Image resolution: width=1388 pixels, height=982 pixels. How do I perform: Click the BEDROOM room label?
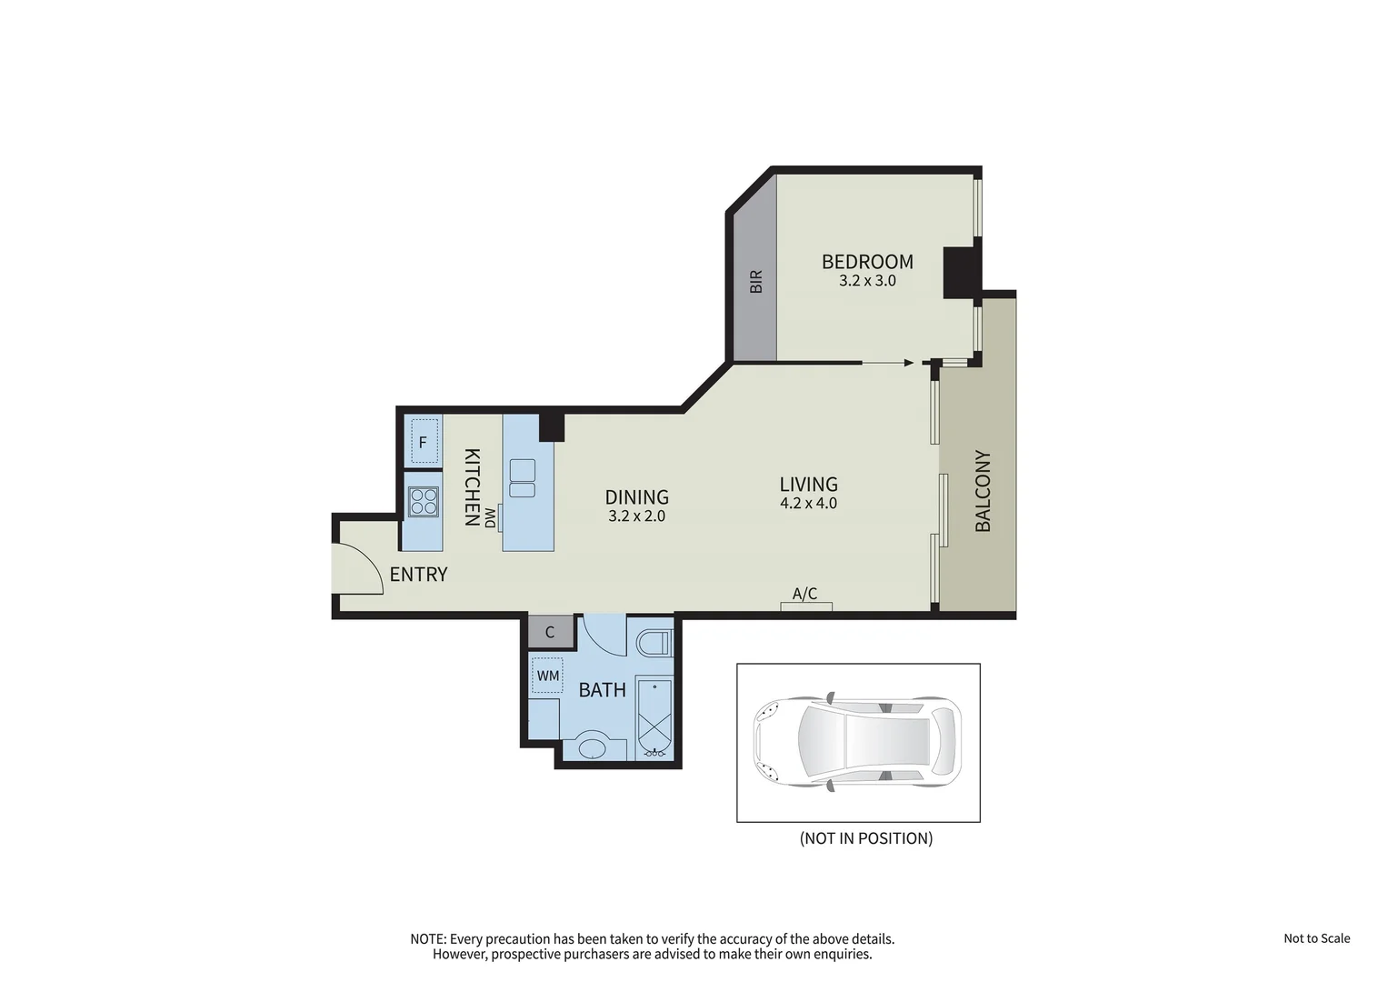(x=867, y=262)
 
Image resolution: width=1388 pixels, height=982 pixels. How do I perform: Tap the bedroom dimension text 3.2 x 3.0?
(x=867, y=281)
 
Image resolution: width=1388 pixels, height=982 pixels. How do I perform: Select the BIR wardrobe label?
(x=755, y=282)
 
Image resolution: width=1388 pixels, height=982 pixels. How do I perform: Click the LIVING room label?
(x=808, y=485)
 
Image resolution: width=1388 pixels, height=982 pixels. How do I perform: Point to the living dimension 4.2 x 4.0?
(x=808, y=503)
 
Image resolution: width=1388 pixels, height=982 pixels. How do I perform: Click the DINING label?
(x=636, y=497)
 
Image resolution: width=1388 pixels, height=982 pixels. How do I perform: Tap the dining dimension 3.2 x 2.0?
(x=636, y=516)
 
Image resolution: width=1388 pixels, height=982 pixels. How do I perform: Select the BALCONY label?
(x=983, y=491)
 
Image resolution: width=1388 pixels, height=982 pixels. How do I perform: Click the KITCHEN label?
(x=472, y=487)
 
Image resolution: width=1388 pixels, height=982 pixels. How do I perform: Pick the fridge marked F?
(x=423, y=443)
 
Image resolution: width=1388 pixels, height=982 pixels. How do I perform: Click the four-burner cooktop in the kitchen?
(x=423, y=501)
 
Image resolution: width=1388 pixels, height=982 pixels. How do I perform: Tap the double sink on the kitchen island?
(x=523, y=478)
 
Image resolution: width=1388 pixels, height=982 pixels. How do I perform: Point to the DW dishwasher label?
(x=490, y=518)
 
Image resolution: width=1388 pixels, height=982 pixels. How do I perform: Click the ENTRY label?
(x=418, y=575)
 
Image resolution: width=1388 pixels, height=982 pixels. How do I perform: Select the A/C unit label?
(x=804, y=595)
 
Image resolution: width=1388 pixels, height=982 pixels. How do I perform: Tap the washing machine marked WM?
(x=547, y=676)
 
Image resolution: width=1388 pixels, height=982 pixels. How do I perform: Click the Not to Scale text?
(x=1316, y=938)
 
